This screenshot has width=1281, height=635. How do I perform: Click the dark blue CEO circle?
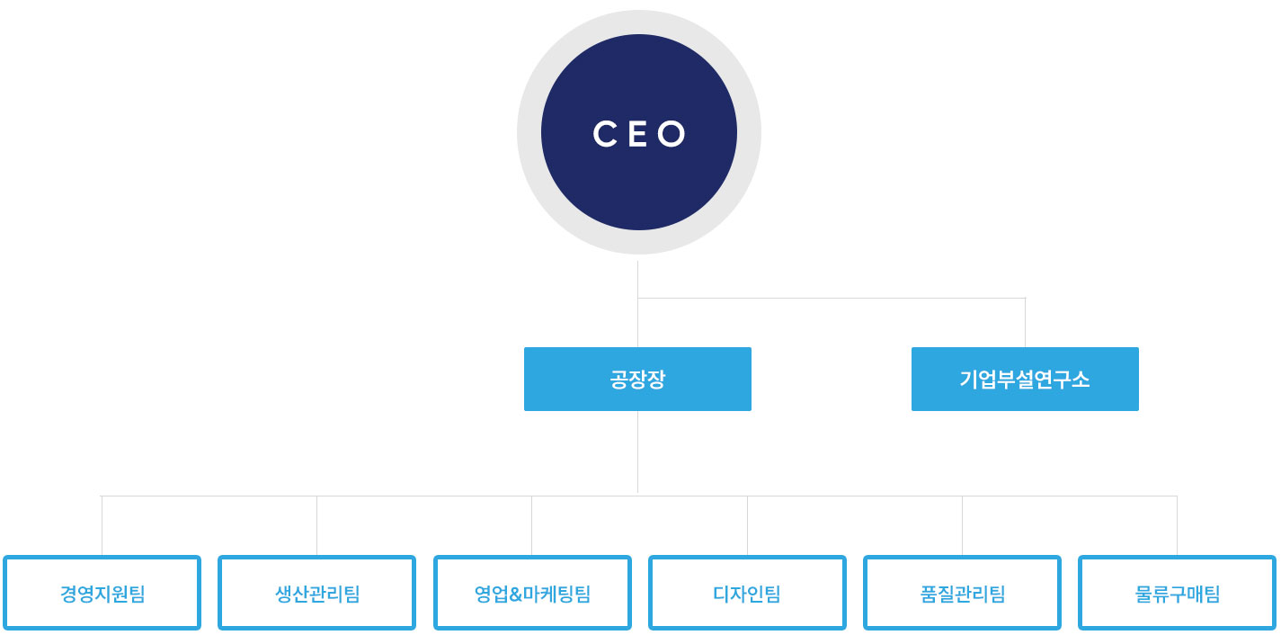tap(639, 132)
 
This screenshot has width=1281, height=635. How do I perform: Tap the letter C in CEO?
tap(604, 134)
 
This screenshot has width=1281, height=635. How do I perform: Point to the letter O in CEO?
tap(672, 134)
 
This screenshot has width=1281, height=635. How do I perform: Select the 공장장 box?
tap(637, 379)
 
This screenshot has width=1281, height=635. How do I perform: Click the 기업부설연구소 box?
tap(1025, 379)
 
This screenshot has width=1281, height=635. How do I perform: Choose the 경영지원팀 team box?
tap(102, 593)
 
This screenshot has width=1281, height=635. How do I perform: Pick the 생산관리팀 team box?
tap(316, 593)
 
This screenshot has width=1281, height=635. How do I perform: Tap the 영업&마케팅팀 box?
tap(532, 593)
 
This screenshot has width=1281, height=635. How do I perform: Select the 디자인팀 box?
tap(747, 593)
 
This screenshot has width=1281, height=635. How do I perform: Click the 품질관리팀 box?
tap(963, 593)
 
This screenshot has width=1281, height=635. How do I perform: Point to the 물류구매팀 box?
tap(1177, 593)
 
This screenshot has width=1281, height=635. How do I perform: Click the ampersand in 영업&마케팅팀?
tap(516, 595)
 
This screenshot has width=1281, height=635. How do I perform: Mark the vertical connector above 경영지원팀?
tap(102, 525)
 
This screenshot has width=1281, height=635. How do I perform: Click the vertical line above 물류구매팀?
tap(1177, 525)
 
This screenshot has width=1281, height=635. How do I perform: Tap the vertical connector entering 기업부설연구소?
tap(1026, 323)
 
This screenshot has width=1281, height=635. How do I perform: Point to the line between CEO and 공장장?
tap(637, 304)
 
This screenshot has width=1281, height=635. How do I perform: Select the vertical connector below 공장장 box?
tap(637, 452)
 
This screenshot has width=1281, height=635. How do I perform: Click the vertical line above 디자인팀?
tap(747, 525)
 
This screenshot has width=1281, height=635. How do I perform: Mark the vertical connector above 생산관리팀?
tap(316, 525)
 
